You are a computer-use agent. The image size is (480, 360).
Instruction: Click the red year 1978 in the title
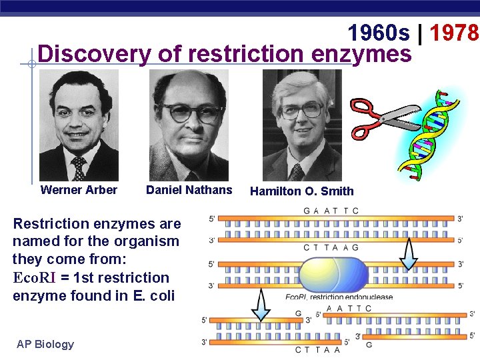pos(455,31)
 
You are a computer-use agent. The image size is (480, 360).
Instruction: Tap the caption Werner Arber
pos(79,190)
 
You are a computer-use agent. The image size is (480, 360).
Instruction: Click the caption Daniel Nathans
pos(189,190)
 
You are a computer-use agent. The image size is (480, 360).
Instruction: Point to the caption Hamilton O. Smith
pos(301,191)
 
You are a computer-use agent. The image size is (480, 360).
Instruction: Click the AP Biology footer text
pos(45,344)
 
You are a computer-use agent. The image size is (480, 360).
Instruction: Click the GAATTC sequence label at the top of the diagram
pos(331,211)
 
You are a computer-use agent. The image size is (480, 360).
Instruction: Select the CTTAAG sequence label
pos(331,247)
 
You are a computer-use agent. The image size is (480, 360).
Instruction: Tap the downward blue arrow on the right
pos(409,253)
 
